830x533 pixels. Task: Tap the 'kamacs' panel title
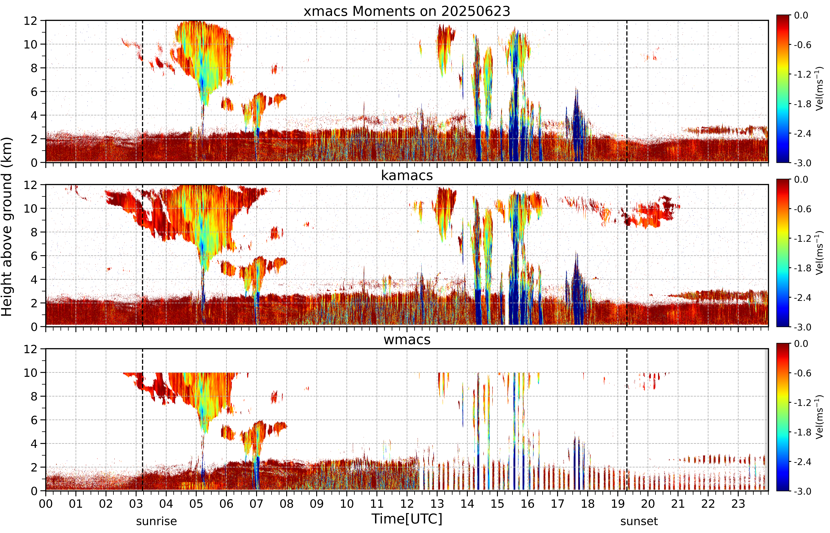(407, 175)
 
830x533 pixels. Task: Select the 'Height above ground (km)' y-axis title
(7, 227)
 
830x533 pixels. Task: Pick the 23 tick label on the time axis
(738, 504)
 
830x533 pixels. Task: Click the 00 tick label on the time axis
(46, 504)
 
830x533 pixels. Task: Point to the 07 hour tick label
(257, 504)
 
